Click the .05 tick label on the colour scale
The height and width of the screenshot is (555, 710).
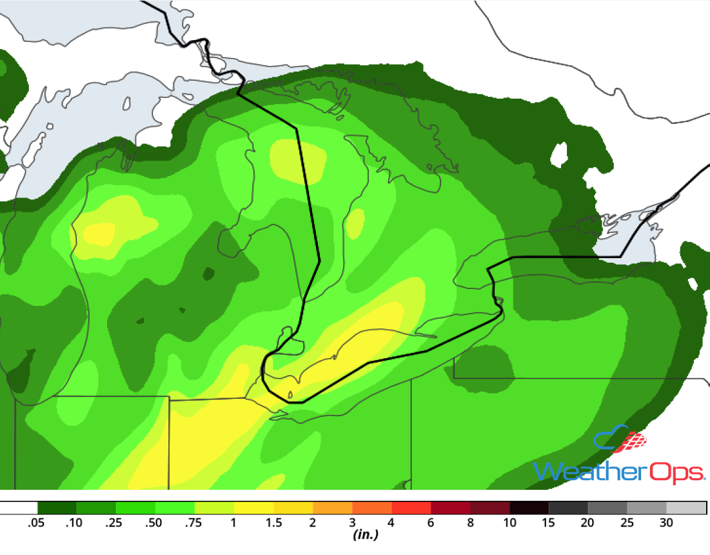36,523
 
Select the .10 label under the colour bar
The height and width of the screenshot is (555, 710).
75,523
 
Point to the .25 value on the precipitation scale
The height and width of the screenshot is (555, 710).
114,523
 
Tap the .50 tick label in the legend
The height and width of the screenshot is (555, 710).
153,523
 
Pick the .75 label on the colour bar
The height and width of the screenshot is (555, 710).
193,523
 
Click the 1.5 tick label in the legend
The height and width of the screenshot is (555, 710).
273,523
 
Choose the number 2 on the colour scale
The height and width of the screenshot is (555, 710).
313,523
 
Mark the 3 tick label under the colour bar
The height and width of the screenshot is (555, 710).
352,523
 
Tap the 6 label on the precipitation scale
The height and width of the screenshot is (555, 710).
431,523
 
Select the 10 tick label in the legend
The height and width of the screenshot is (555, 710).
509,523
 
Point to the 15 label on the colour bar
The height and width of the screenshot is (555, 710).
549,523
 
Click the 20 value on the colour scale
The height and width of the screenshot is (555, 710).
588,523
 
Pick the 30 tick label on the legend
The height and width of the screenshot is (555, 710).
667,523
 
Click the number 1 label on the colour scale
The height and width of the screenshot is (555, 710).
233,523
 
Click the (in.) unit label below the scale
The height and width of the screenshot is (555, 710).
365,535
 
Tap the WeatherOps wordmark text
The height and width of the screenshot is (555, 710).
619,472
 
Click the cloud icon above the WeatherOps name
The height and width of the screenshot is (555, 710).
619,441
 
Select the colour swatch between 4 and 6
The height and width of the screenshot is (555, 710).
411,508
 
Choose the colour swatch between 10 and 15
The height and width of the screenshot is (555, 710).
529,508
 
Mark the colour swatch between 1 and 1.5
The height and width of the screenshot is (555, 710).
253,508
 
